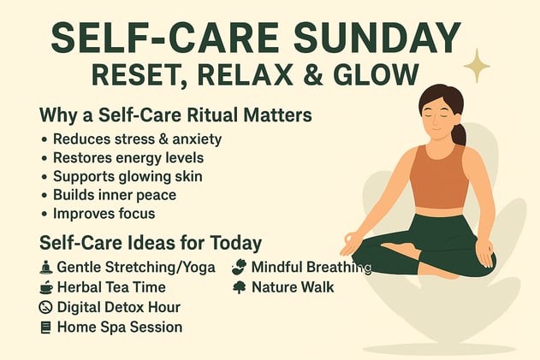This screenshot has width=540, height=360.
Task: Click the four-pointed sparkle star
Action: click(x=476, y=65)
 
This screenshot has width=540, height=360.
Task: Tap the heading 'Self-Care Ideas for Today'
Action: click(x=151, y=242)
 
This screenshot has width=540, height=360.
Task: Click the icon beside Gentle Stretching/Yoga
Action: click(x=46, y=268)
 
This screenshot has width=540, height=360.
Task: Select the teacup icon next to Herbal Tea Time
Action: click(x=46, y=287)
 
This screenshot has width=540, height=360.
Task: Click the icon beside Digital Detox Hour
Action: click(x=46, y=307)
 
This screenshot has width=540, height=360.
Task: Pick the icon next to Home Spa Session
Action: click(x=46, y=327)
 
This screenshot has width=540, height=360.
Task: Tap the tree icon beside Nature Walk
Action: click(x=239, y=287)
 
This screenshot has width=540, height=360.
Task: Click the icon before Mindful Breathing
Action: click(x=239, y=267)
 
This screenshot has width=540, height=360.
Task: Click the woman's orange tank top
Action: click(x=438, y=176)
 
